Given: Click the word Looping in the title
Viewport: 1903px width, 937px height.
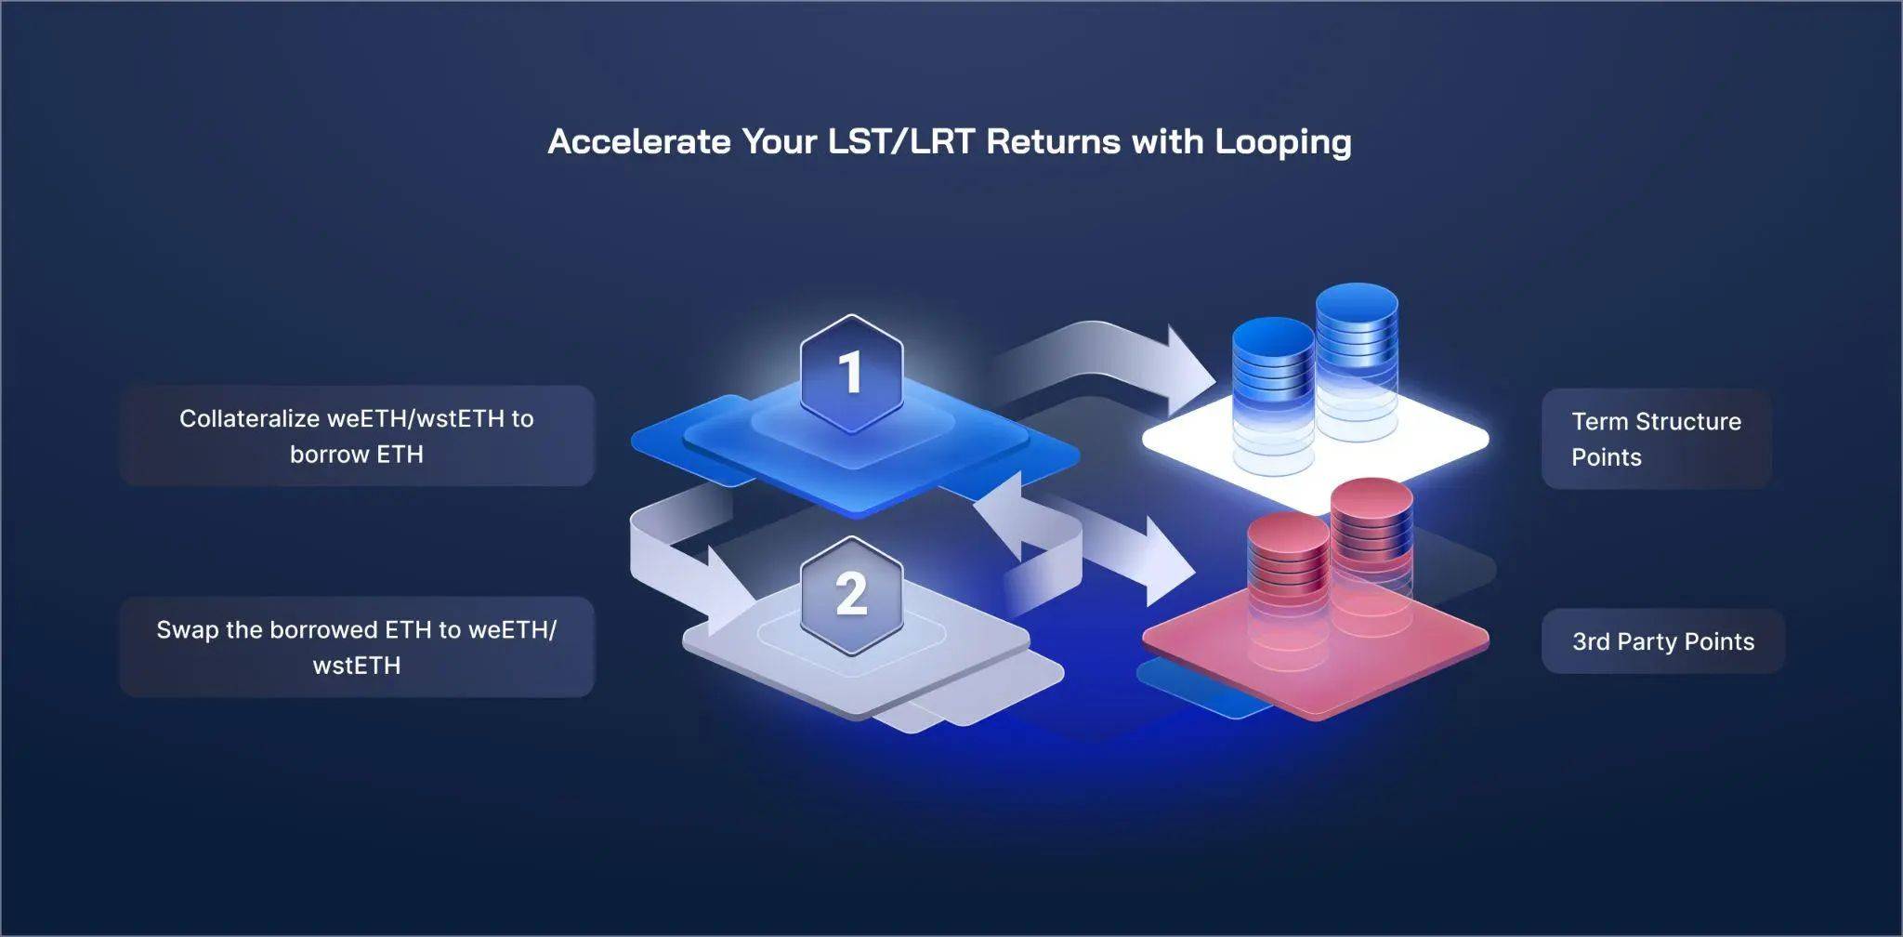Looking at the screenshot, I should [1283, 142].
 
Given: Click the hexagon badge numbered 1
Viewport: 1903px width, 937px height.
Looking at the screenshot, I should [851, 373].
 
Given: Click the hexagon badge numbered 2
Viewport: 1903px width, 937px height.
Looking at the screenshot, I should [851, 595].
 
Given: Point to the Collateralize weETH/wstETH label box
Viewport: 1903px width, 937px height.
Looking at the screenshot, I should [357, 436].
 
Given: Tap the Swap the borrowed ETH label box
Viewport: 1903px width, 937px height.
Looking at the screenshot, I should [357, 647].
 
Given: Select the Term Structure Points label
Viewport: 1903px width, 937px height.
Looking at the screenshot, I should [1656, 439].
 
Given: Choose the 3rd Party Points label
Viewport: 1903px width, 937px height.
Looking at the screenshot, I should [1662, 641].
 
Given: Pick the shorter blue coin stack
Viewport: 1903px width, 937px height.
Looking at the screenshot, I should [1273, 390].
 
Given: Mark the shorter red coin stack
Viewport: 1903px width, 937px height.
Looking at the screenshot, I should [1288, 581].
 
